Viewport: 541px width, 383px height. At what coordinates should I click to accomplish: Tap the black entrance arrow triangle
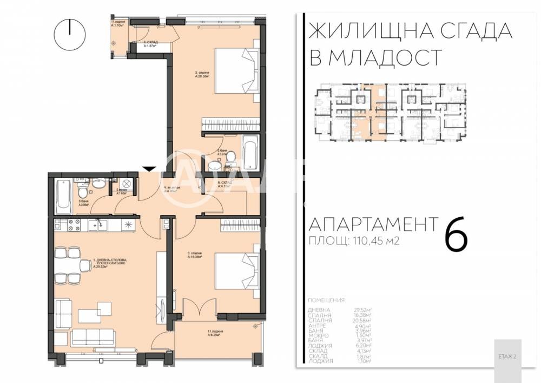[x=150, y=168]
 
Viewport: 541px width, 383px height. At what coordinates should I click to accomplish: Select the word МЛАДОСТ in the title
[x=374, y=57]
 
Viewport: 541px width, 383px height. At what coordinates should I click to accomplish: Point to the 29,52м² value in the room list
[x=370, y=310]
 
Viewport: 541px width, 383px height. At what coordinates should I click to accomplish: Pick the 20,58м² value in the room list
[x=370, y=321]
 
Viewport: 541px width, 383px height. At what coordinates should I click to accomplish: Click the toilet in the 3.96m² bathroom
[x=81, y=192]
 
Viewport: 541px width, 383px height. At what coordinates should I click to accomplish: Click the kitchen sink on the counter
[x=99, y=223]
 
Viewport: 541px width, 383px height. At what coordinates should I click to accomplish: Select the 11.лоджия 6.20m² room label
[x=216, y=332]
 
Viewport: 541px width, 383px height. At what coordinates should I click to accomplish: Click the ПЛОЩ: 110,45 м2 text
[x=354, y=242]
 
